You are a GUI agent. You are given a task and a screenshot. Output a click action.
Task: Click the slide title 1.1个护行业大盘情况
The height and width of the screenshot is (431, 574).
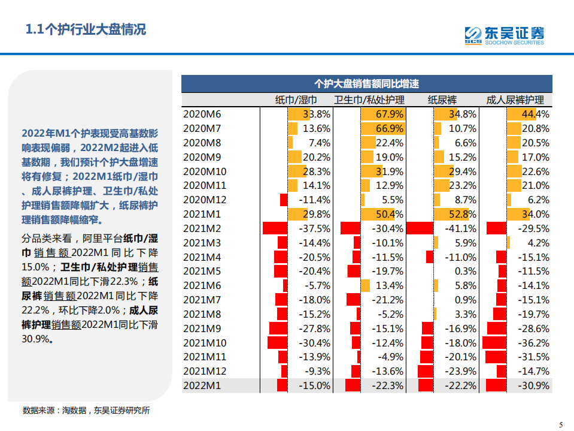coord(86,29)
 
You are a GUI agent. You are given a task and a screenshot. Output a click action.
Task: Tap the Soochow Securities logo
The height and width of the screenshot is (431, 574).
coord(505,35)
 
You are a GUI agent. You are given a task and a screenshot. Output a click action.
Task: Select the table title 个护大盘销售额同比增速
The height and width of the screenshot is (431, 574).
coord(366,83)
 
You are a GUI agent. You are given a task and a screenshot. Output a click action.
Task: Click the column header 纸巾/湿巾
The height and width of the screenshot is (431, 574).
coord(296,100)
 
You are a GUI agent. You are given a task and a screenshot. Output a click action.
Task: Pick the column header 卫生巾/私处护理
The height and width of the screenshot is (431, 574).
coord(369,100)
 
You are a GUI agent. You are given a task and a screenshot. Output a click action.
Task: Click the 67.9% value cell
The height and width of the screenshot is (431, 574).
coord(390,114)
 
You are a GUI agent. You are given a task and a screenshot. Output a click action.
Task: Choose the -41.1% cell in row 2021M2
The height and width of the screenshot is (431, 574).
coord(460,228)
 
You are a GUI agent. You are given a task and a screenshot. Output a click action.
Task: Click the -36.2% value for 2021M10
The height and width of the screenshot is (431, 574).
coord(534,343)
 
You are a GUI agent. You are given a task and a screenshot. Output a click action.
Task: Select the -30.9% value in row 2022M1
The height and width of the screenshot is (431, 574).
coord(534,385)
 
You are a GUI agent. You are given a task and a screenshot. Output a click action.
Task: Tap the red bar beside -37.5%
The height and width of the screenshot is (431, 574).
coord(275,228)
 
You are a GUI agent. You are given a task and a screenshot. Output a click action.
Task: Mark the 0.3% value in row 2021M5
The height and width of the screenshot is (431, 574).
coord(466,271)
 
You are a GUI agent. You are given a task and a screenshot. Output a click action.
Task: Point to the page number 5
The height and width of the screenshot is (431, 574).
coord(561,424)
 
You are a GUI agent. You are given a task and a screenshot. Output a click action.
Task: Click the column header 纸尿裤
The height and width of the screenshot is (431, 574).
coord(442,100)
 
